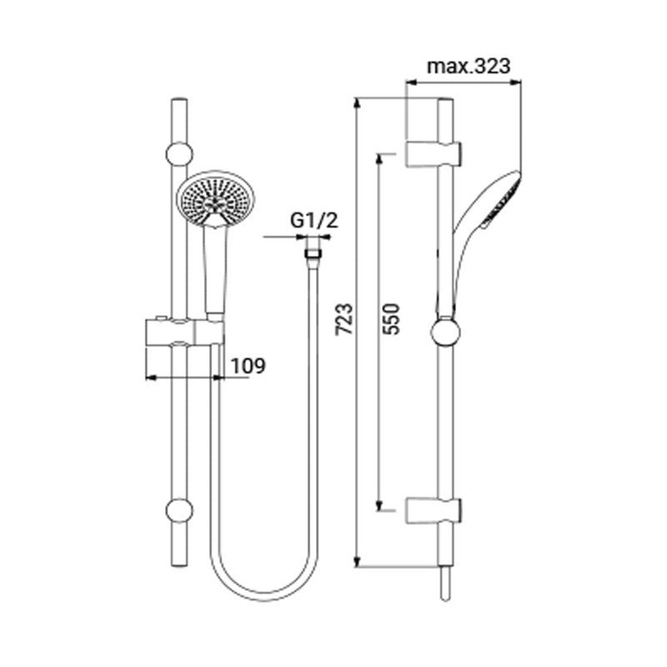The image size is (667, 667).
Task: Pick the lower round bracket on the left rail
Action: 179,510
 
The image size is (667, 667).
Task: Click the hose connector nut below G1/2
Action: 312,249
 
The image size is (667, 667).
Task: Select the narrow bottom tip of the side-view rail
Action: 444,584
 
